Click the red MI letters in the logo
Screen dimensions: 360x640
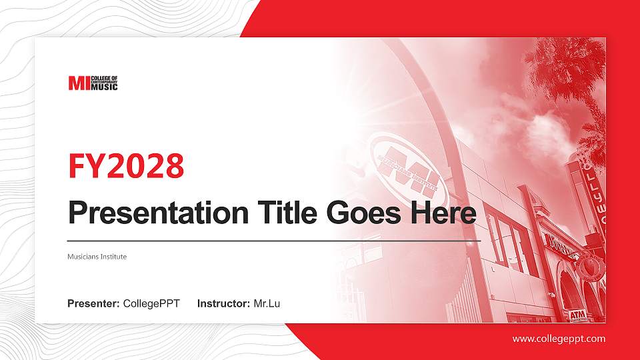tap(78, 83)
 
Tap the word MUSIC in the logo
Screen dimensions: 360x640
tap(104, 87)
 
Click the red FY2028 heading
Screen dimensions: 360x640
tap(126, 166)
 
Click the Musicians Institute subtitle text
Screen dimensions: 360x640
tap(97, 256)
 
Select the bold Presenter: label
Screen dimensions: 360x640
tap(93, 304)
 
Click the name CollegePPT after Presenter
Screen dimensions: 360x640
tap(151, 304)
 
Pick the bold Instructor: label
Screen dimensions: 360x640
tap(224, 304)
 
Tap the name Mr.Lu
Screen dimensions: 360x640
tap(267, 304)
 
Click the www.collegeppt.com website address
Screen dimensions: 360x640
tap(559, 339)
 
